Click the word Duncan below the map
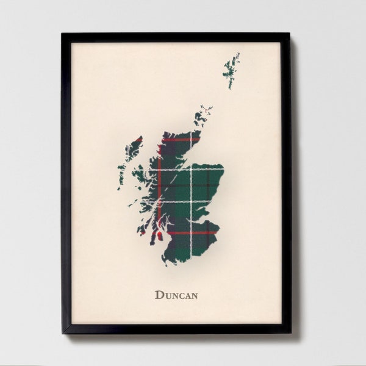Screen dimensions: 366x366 point(176,295)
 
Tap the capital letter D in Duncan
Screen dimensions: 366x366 point(159,295)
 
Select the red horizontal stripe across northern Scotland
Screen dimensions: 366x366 point(180,139)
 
